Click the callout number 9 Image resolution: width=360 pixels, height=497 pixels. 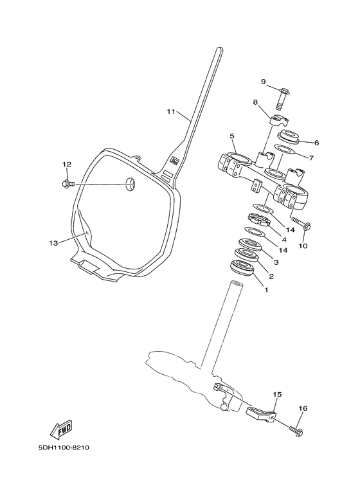(x=263, y=82)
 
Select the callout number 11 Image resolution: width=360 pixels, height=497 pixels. (x=170, y=112)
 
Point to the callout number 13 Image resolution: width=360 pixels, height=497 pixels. (x=53, y=243)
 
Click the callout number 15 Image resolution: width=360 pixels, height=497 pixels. (x=277, y=394)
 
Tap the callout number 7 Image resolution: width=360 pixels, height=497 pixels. (x=311, y=157)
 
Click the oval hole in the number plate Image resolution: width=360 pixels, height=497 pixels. (x=130, y=185)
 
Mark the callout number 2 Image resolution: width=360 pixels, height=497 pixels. (x=271, y=277)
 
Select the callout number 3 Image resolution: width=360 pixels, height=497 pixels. (x=276, y=262)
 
